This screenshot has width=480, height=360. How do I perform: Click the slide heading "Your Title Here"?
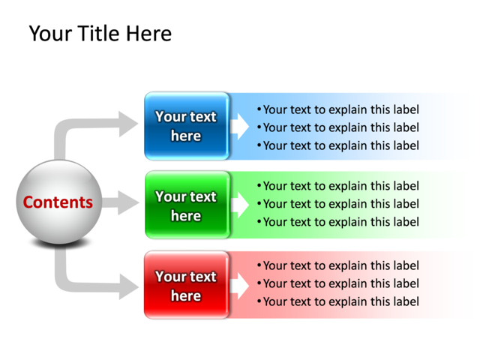point(100,33)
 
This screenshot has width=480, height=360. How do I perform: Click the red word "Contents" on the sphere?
point(58,202)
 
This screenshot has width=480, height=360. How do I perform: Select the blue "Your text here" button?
point(187,126)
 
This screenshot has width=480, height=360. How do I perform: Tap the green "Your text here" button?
point(187,205)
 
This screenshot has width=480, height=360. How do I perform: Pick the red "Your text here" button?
point(187,285)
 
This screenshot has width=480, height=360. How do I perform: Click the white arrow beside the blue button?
point(239,127)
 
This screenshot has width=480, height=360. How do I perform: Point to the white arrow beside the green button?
point(239,205)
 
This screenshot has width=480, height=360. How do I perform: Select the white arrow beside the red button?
point(239,286)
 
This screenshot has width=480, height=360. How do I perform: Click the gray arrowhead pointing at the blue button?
point(128,124)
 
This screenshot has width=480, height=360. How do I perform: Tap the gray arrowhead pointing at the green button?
point(128,202)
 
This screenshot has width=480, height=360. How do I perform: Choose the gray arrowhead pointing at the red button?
point(128,286)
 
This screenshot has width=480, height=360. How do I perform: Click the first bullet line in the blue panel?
point(338,109)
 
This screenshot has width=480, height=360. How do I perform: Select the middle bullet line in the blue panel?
point(338,127)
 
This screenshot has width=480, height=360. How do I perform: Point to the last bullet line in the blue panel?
point(338,145)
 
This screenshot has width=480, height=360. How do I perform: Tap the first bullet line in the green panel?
point(338,186)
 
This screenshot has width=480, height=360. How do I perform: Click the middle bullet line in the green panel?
point(338,204)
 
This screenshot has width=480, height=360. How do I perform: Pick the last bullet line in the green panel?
point(338,222)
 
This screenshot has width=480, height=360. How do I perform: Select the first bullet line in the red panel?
point(338,265)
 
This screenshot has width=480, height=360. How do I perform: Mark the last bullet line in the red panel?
point(338,301)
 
